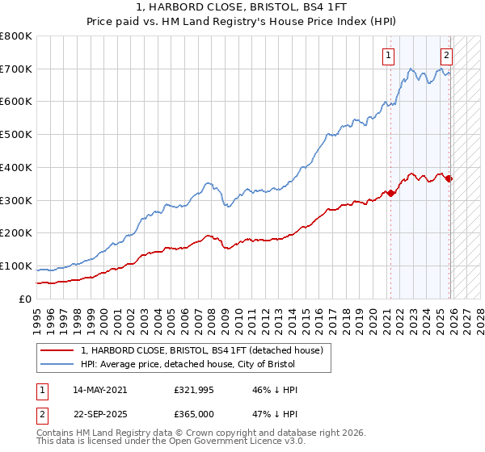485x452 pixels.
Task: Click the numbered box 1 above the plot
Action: pos(389,56)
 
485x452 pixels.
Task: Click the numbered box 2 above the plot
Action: pos(446,56)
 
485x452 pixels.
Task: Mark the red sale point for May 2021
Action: pos(390,193)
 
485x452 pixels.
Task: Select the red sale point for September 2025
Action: pos(449,179)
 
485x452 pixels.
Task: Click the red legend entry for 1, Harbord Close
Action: pos(202,350)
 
